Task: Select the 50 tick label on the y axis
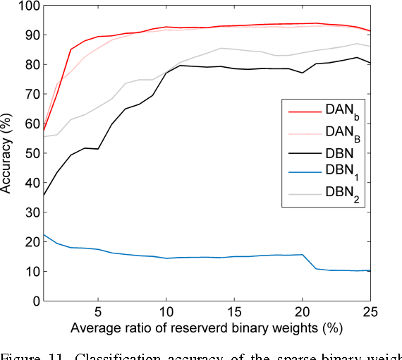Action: (x=29, y=153)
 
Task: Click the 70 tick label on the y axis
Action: (x=29, y=94)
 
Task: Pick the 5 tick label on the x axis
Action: (x=97, y=311)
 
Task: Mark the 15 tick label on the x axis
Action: (x=233, y=311)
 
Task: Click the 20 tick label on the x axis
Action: (x=302, y=311)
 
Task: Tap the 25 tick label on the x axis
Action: (x=370, y=311)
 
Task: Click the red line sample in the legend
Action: (x=301, y=109)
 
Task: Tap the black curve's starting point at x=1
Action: (x=43, y=196)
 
